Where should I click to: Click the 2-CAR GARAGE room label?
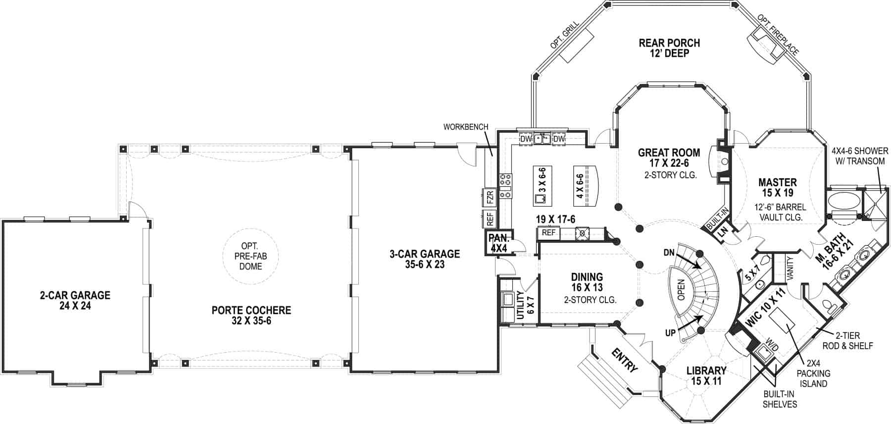click(x=75, y=300)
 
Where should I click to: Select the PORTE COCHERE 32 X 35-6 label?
click(x=251, y=316)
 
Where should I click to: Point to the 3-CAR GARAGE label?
click(x=424, y=259)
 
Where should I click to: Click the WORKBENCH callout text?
click(x=465, y=127)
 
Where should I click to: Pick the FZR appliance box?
click(x=490, y=198)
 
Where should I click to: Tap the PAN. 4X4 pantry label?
click(x=499, y=243)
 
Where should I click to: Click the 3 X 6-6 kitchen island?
click(x=543, y=186)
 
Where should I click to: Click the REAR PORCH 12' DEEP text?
click(x=669, y=48)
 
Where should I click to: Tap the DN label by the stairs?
click(x=669, y=253)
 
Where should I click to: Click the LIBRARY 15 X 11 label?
click(x=706, y=375)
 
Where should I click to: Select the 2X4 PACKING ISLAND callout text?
click(x=813, y=374)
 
